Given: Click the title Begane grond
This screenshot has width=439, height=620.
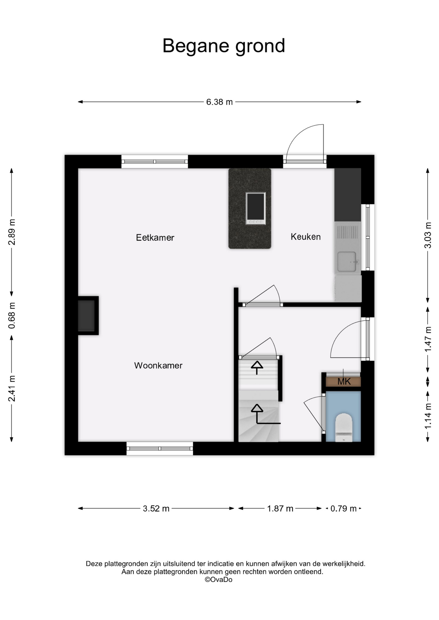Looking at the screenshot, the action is [223, 46].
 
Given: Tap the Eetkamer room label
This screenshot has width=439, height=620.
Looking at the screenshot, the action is [155, 238].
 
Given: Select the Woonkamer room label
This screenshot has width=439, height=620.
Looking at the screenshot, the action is [158, 366].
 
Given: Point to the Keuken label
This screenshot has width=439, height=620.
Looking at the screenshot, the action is [305, 237].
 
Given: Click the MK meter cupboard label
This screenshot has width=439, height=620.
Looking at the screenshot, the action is [344, 382].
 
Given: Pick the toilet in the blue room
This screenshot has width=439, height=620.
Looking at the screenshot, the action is [343, 427].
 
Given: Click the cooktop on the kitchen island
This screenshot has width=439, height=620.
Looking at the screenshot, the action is [255, 208].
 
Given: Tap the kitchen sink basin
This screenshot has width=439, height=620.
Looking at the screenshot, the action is [347, 262].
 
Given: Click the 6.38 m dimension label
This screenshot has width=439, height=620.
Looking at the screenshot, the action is [219, 102].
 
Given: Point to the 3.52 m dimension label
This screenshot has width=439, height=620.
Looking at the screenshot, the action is [156, 509].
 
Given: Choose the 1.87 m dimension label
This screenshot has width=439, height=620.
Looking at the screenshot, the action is [280, 509].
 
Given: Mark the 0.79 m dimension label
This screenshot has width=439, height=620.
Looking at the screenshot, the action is [343, 509].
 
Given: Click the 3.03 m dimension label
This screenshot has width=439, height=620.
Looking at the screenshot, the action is [428, 235].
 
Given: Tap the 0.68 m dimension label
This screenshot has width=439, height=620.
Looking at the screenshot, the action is [12, 315].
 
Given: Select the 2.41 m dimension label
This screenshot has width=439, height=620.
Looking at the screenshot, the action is [12, 388].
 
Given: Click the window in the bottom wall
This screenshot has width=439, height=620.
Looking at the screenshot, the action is [160, 449].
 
